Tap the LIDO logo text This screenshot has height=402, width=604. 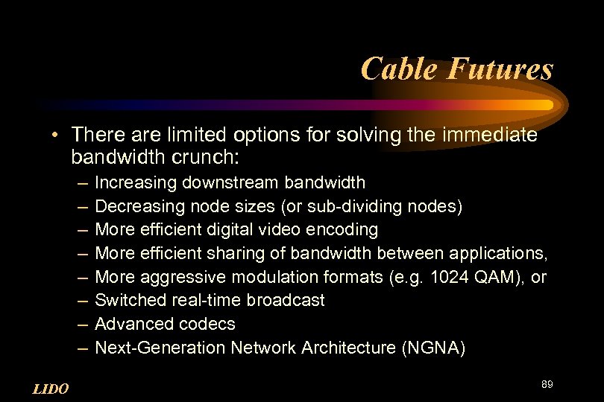(51, 389)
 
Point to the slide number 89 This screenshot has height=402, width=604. (547, 384)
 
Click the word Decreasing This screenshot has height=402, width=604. (139, 205)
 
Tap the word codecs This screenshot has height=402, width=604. (207, 324)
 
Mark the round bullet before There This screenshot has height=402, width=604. (56, 135)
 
